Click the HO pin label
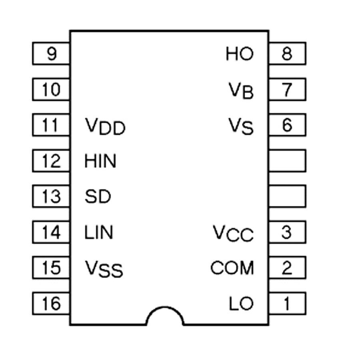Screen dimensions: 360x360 click(x=240, y=54)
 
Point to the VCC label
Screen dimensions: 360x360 click(x=233, y=233)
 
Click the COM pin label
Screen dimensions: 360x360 click(x=232, y=268)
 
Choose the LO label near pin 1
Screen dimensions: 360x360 click(x=241, y=304)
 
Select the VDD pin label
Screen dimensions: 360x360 click(x=105, y=127)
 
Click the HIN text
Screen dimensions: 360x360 click(x=100, y=162)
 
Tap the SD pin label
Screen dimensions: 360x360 click(x=98, y=197)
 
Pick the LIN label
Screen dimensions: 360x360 click(x=99, y=232)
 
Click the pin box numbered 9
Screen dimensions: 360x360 click(x=51, y=54)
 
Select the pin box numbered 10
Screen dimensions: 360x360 click(x=51, y=89)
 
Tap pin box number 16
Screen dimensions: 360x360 click(x=51, y=304)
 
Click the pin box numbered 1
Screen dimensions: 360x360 click(x=287, y=304)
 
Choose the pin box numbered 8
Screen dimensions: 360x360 click(x=287, y=54)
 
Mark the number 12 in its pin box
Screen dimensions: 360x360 click(x=51, y=161)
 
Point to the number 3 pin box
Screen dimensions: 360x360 click(x=287, y=232)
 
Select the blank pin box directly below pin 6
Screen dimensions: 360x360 click(x=287, y=161)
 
